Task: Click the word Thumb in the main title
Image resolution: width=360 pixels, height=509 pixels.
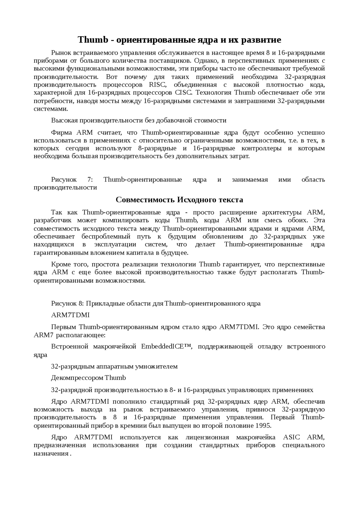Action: click(x=93, y=40)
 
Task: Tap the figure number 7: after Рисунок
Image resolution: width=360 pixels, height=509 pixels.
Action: click(x=90, y=179)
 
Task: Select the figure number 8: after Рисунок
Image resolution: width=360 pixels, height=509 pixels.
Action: click(x=81, y=303)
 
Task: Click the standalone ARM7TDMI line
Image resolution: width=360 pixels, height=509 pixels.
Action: click(x=70, y=315)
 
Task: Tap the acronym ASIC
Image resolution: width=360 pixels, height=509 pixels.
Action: click(x=291, y=437)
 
